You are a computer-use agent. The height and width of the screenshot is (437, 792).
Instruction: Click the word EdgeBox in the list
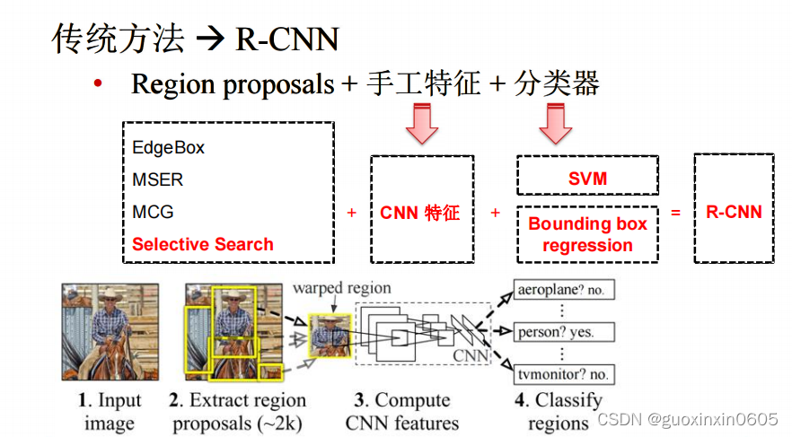168,147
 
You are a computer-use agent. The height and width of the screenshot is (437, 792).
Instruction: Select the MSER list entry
157,179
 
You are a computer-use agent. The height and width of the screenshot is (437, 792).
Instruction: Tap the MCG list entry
153,212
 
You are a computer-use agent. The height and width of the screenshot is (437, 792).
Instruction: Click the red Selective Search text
203,244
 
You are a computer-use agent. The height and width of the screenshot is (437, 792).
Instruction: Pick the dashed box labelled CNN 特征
421,212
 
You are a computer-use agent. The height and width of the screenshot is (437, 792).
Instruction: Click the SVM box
587,177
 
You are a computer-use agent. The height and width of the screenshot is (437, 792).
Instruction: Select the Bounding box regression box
587,234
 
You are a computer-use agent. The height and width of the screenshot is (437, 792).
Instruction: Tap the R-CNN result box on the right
734,212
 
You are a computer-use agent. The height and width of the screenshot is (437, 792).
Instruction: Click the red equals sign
675,213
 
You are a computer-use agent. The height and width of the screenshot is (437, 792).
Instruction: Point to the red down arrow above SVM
556,124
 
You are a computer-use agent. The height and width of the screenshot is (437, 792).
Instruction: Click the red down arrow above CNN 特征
421,124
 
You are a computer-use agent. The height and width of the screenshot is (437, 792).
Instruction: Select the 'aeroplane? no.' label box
564,291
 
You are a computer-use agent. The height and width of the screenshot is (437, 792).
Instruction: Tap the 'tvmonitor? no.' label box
564,373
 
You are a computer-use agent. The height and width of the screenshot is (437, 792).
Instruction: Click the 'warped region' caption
341,288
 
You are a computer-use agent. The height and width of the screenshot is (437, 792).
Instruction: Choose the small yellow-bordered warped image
330,336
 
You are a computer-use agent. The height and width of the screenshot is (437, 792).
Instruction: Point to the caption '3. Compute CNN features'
401,412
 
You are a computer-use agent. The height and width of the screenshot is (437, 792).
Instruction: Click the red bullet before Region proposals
100,84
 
